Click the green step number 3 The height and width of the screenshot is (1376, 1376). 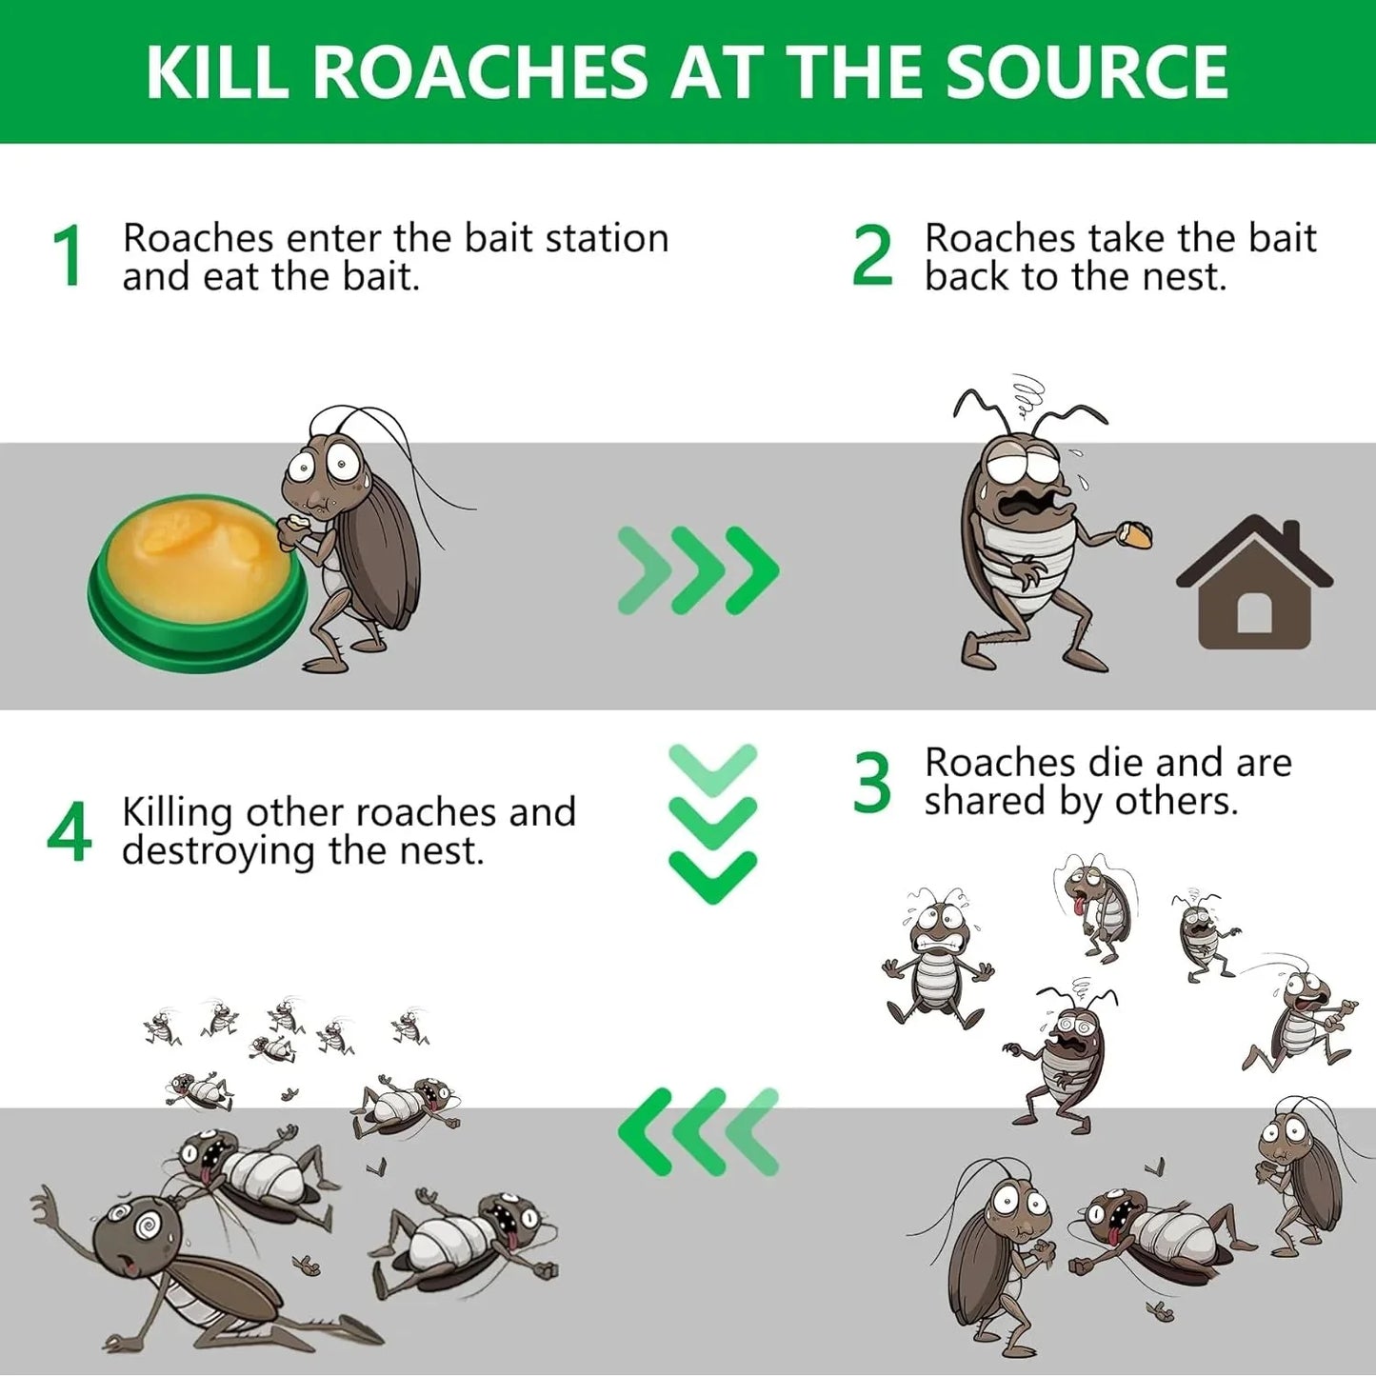(x=872, y=784)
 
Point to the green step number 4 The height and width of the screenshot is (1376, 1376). (x=69, y=831)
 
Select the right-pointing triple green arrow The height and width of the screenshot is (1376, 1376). (x=698, y=570)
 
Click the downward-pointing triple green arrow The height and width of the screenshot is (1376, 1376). (x=712, y=824)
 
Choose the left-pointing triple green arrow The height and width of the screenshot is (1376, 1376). (x=698, y=1130)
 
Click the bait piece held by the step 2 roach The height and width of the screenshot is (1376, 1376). (x=1137, y=535)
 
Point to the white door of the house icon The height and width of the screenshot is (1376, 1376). (x=1254, y=613)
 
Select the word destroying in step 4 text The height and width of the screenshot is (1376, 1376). (x=220, y=850)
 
